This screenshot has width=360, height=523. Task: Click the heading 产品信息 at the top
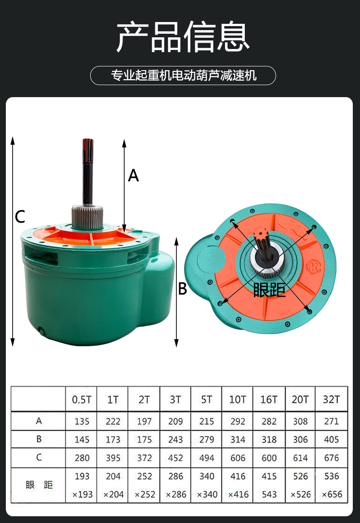183,36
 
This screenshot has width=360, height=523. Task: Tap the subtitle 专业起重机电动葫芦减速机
184,76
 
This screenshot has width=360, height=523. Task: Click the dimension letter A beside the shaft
133,175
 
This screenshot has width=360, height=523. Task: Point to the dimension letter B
183,289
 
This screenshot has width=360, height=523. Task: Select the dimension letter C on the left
20,217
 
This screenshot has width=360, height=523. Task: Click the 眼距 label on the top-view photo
270,290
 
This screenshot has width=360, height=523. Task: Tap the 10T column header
238,400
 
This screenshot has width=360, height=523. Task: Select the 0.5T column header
81,400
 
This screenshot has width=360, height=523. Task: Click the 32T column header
331,400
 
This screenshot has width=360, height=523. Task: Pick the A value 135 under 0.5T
82,422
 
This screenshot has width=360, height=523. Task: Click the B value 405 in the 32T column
331,440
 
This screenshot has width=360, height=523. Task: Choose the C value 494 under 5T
207,458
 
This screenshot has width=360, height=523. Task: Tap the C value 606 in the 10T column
238,458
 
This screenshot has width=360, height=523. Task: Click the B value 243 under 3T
175,440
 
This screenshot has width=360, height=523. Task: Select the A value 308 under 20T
300,422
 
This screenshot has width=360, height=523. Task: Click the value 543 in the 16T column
269,494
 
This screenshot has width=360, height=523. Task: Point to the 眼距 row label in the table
39,485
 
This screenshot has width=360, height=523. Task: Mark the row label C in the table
39,457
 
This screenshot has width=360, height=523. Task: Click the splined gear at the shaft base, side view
87,217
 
